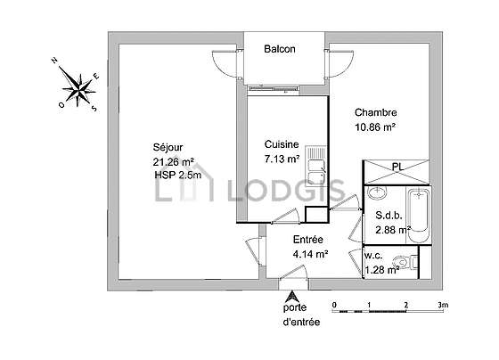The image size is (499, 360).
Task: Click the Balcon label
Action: pos(280,49)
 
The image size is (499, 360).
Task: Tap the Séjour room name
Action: pos(168,147)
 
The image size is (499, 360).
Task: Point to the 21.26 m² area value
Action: pos(174,161)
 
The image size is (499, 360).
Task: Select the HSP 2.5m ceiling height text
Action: pos(178,175)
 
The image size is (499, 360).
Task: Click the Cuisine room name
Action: pos(282,144)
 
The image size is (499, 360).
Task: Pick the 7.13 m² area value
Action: pos(282,159)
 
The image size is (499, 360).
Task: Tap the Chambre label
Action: pos(375,112)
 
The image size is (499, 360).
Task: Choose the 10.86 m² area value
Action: pos(375,127)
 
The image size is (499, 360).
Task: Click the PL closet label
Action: pos(397,167)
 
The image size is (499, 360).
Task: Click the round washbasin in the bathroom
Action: pos(378,192)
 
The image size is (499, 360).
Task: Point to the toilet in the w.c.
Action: pos(405,263)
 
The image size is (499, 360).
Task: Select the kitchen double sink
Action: pos(316,166)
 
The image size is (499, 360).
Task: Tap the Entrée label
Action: pos(308,240)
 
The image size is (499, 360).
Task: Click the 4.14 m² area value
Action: pos(310,254)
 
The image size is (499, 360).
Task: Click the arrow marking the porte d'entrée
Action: pos(290,297)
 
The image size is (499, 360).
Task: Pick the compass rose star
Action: pos(78,86)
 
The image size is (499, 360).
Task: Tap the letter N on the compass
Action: pos(54,61)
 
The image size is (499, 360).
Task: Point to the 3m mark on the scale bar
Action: pos(443,305)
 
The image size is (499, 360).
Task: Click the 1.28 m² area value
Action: pos(382,270)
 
